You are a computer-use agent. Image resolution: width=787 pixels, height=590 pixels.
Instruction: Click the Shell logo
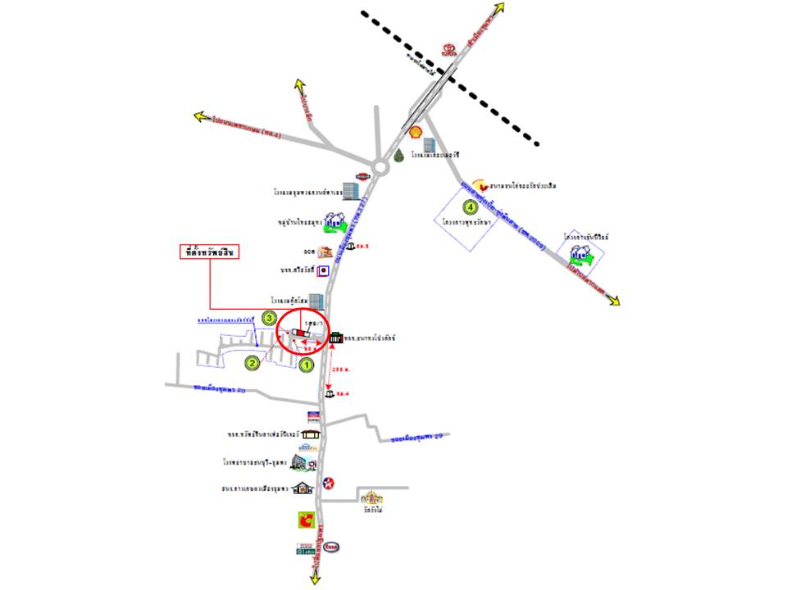pos(415,132)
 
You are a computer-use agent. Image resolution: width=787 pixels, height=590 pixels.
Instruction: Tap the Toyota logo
pos(448,49)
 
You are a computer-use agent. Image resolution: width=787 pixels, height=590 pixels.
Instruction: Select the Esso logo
pos(333,547)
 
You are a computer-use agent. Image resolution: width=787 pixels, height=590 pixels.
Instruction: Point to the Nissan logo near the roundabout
pos(363,177)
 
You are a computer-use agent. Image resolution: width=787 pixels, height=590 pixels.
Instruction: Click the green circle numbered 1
pos(307,365)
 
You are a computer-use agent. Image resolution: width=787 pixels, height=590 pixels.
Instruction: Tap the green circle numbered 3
pos(268,318)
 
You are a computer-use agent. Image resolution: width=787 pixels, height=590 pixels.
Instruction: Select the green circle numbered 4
pos(470,206)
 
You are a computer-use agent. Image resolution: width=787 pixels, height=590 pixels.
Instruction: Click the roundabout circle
pos(380,168)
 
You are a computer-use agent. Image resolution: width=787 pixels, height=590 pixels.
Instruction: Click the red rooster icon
pos(479,187)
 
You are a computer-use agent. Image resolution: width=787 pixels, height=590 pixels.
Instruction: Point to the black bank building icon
pos(336,338)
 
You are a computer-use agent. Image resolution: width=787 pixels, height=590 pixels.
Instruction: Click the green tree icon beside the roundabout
pos(399,155)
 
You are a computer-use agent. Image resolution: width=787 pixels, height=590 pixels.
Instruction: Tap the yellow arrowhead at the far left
pos(200,116)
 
